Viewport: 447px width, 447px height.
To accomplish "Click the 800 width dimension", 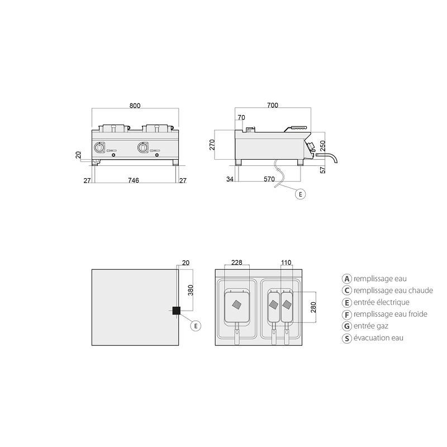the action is click(x=135, y=106).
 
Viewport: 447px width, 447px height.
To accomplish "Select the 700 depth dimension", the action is click(x=273, y=105).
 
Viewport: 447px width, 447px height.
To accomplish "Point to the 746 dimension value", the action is click(x=134, y=180).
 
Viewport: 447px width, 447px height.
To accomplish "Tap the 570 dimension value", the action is click(x=269, y=179).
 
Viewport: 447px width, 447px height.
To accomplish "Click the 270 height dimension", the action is click(x=212, y=145).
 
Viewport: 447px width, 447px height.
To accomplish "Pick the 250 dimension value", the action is click(x=322, y=146).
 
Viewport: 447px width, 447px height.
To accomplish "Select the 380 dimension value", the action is click(x=191, y=290).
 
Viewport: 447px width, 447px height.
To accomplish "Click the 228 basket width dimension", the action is click(x=236, y=262).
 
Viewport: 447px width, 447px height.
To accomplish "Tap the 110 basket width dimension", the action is click(x=286, y=262).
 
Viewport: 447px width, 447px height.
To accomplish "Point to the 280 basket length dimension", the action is click(x=313, y=307).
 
